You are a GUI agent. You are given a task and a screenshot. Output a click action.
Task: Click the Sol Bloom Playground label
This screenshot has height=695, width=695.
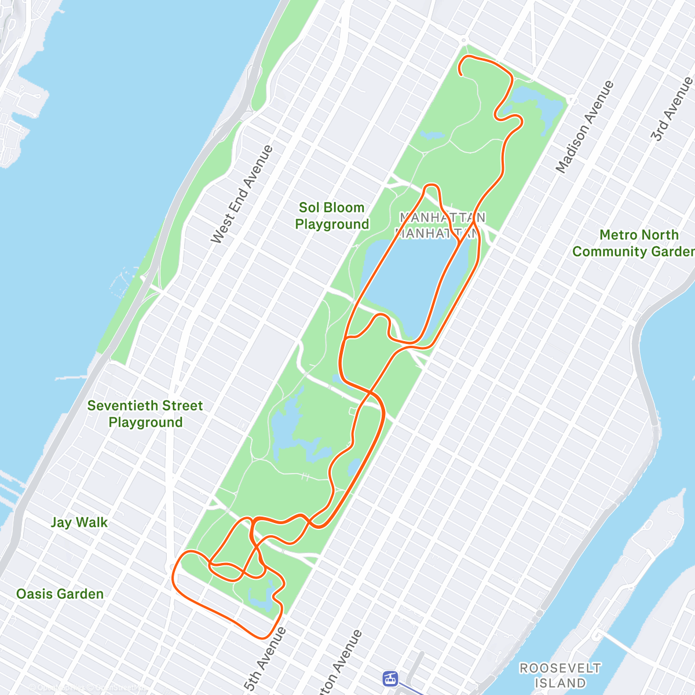coord(332,216)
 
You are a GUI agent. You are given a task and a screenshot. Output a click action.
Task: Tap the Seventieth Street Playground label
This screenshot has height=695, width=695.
coord(145,414)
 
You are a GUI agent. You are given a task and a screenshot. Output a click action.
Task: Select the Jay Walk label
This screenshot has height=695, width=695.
coord(79,522)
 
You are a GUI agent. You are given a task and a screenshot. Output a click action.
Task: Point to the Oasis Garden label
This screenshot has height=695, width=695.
coord(60,594)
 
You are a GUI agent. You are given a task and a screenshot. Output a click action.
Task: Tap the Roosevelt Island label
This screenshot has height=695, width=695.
coord(560,675)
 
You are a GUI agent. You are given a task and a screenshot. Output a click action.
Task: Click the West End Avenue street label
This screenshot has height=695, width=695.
coord(242,194)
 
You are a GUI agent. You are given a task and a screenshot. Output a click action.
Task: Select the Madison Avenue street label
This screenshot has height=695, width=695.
coord(585,127)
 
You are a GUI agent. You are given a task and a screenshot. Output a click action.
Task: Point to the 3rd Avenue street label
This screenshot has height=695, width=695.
coord(671,109)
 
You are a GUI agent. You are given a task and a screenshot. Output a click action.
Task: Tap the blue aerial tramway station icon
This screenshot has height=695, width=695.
coord(391,678)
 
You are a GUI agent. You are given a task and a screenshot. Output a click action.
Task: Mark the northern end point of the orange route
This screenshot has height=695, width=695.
coord(460,74)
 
